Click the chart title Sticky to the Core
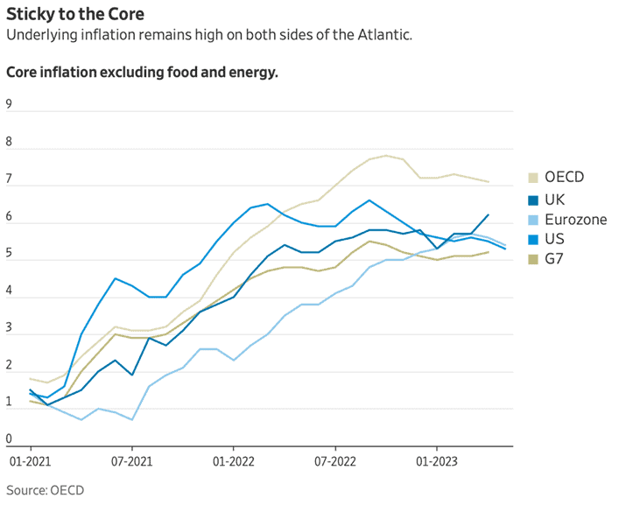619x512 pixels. coord(71,15)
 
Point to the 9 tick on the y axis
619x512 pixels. coord(9,104)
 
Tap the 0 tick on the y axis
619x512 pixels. coord(9,439)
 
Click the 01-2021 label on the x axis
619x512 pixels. coord(30,459)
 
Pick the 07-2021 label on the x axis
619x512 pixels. coord(130,459)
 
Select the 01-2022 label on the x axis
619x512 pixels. coord(233,459)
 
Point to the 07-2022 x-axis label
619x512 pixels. coord(334,459)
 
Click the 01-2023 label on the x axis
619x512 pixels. coord(436,459)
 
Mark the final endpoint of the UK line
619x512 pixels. coord(488,214)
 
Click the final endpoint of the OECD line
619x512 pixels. coord(488,182)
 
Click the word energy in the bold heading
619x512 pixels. coord(250,72)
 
